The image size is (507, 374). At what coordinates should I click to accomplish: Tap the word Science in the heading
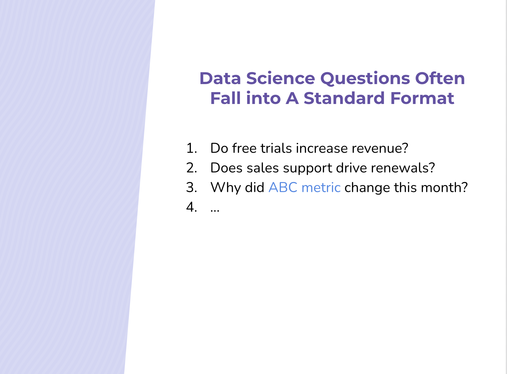281,79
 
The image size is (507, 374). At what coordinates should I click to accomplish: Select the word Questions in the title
365,79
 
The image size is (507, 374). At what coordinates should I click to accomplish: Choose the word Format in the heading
422,98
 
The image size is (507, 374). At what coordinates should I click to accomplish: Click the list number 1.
191,148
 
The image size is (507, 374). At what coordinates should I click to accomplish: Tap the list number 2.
191,168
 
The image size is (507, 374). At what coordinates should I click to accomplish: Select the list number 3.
191,187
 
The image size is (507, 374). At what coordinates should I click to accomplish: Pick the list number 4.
191,207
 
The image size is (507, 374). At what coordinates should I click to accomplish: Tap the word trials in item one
276,148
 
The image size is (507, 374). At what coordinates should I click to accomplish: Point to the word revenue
380,148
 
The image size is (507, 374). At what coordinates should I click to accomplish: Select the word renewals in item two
403,168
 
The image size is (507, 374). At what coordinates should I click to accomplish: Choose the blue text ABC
283,187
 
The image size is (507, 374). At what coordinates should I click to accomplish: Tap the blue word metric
321,187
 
